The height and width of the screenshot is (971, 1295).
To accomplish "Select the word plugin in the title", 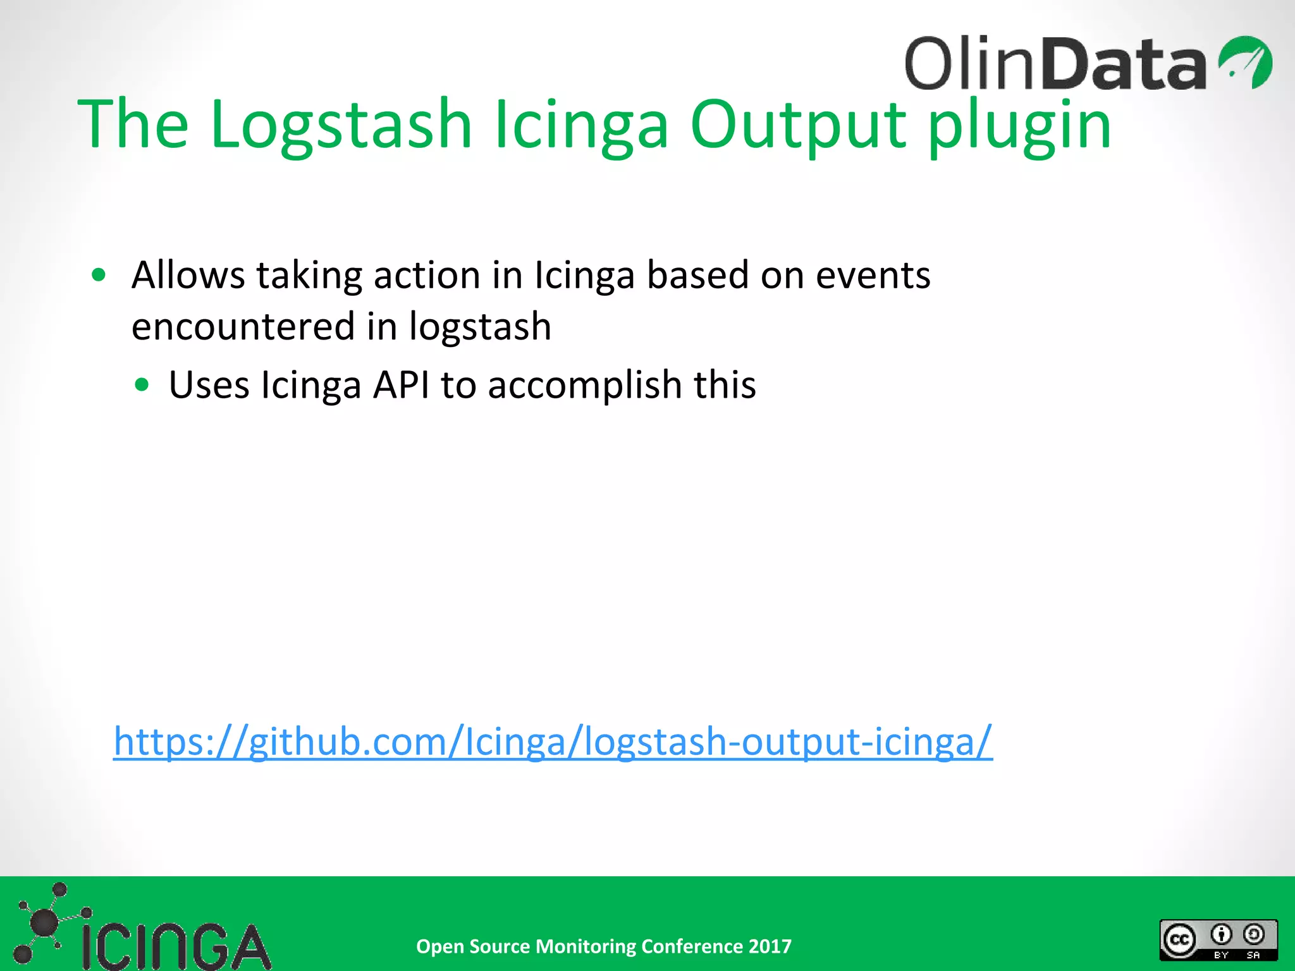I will coord(1019,126).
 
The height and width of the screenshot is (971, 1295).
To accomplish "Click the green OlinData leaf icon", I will coord(1245,62).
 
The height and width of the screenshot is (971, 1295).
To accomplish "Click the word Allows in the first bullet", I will coord(188,275).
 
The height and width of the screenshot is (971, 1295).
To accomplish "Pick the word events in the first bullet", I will coord(873,276).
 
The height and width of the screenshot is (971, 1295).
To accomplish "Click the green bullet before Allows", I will coord(99,275).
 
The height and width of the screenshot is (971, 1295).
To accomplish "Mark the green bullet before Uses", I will coord(142,384).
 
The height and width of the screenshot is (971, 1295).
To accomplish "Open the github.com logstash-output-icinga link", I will coord(553,741).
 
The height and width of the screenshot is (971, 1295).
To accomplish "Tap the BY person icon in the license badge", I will coord(1221,934).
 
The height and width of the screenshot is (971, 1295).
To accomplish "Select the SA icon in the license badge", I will coord(1254,934).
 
